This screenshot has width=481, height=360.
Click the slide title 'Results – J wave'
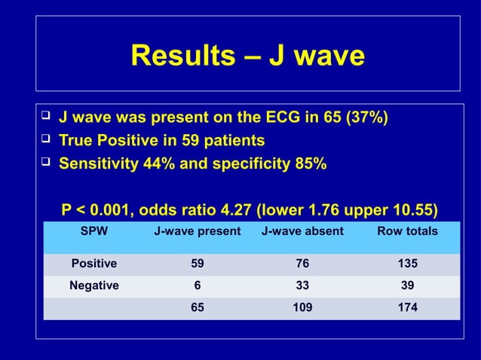[x=247, y=55]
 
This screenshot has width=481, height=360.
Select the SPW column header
[x=94, y=231]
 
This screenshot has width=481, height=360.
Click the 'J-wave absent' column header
[x=302, y=231]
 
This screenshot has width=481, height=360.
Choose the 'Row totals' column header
[x=407, y=231]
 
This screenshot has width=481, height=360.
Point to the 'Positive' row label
[x=94, y=264]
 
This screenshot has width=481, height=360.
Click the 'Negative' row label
[x=94, y=285]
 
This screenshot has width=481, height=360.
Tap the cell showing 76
[x=302, y=264]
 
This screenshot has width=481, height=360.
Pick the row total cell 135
[x=407, y=264]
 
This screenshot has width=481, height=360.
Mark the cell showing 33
[x=302, y=285]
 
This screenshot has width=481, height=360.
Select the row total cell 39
[x=407, y=285]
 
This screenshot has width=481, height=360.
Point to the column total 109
[x=302, y=307]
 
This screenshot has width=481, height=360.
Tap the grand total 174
[x=407, y=307]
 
